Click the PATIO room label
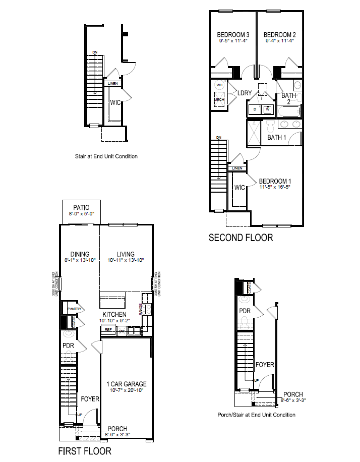[x=81, y=207]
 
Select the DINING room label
[x=80, y=254]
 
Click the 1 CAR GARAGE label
[x=126, y=384]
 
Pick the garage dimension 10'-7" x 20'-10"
[x=126, y=391]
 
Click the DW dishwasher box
[x=122, y=331]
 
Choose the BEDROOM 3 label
[x=233, y=35]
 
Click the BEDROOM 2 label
[x=279, y=35]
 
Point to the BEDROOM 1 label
[x=275, y=181]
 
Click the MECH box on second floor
[x=219, y=100]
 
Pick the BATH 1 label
[x=276, y=137]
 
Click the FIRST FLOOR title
[x=85, y=450]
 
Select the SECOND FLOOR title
[x=241, y=237]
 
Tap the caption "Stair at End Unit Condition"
[x=106, y=156]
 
